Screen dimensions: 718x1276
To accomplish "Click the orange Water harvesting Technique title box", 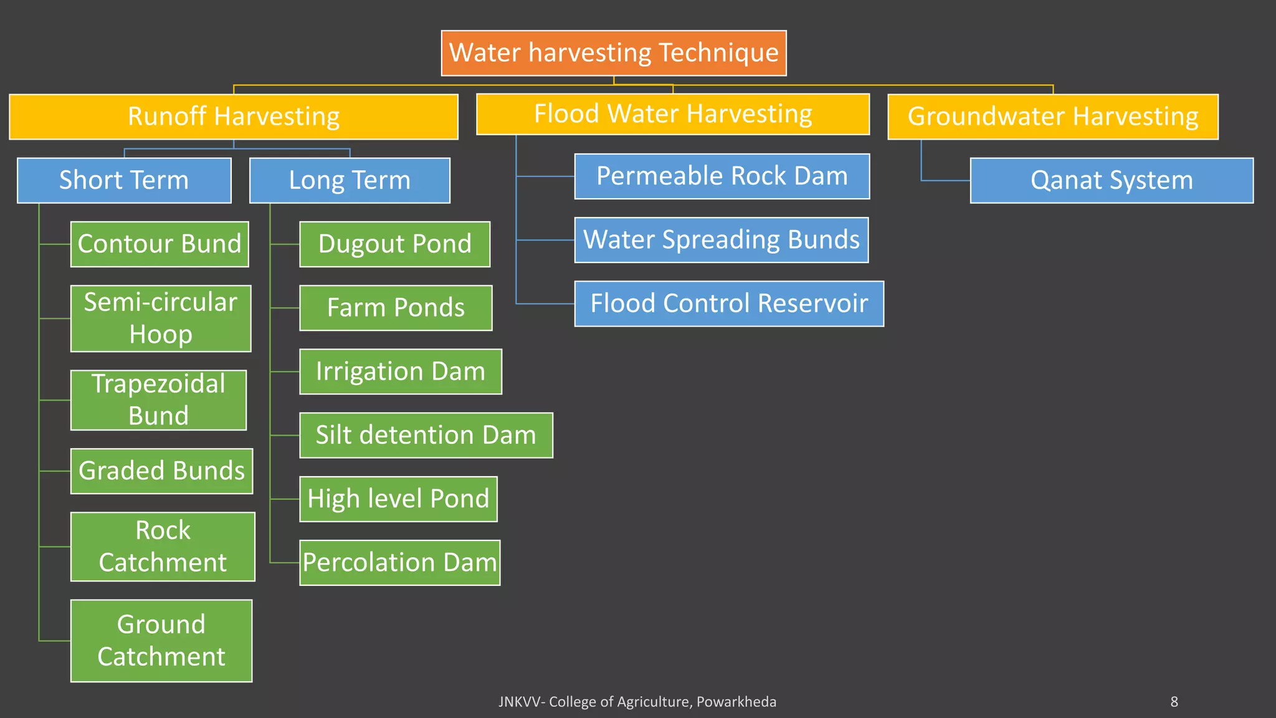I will coord(614,53).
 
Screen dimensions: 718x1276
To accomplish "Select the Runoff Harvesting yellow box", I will coord(234,117).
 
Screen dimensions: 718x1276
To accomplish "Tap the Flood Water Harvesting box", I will coord(673,114).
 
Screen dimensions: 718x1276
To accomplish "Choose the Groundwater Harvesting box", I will coord(1053,117).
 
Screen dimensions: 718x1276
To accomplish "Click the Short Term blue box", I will coord(124,180).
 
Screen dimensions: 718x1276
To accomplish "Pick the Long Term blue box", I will coord(350,180).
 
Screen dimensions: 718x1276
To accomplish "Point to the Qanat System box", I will coord(1112,180).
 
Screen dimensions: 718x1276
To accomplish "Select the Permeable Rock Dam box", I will coord(721,176).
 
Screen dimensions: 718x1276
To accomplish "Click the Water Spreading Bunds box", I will coord(721,240).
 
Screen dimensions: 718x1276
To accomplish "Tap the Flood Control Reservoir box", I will coord(729,304).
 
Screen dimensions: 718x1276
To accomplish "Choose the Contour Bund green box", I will coord(159,244).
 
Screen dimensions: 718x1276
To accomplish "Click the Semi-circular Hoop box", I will coord(161,318).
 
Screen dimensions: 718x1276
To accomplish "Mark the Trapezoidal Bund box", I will coord(158,400).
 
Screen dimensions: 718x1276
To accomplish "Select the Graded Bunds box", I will coord(161,471).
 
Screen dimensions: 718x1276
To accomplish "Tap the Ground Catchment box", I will coord(161,641).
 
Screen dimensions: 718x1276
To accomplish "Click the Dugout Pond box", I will coord(395,244).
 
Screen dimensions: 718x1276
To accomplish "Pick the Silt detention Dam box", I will coord(426,435).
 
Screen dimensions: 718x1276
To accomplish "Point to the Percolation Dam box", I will coord(400,563).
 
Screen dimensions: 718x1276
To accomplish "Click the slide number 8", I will coord(1174,702).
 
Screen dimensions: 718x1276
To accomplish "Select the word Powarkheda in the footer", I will coord(736,702).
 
